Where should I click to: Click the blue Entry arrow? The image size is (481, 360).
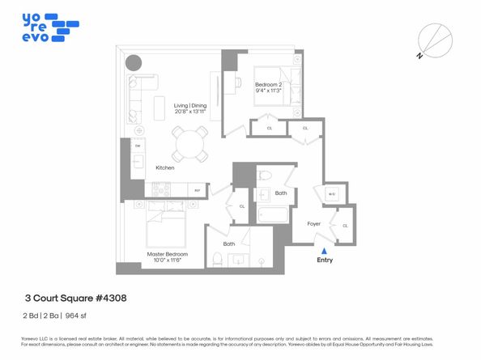(325, 252)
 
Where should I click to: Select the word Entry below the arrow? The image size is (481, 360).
(325, 260)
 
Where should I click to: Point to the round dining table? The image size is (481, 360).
(189, 146)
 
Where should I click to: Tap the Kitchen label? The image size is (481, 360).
(166, 167)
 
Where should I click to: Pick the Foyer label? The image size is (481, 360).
(315, 223)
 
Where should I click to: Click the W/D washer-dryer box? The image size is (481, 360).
(331, 194)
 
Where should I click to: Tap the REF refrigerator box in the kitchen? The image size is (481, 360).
(197, 190)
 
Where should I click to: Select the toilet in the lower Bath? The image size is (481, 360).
(216, 259)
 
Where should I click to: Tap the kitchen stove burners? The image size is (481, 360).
(160, 190)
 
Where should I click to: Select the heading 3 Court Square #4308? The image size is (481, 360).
(74, 298)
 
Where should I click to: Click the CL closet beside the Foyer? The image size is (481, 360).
(346, 226)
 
